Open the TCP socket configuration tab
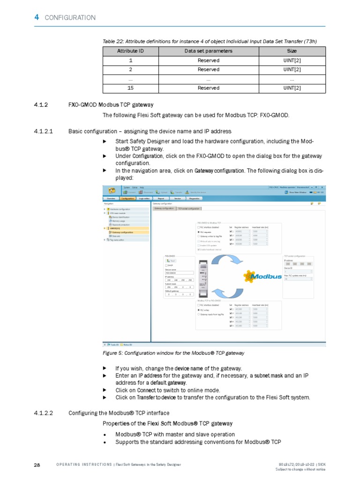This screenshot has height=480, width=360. point(188,208)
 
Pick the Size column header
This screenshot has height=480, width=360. point(292,51)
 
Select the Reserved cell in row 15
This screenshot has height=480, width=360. point(208,88)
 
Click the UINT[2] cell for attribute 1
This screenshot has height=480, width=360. point(292,60)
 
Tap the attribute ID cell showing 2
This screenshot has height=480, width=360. point(130,69)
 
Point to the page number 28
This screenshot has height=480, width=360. point(37,465)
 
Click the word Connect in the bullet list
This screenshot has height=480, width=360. point(146,390)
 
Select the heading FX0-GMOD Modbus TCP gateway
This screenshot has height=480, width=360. point(111,104)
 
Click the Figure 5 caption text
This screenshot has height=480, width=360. point(173,352)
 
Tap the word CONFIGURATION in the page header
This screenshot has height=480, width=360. point(70,18)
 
